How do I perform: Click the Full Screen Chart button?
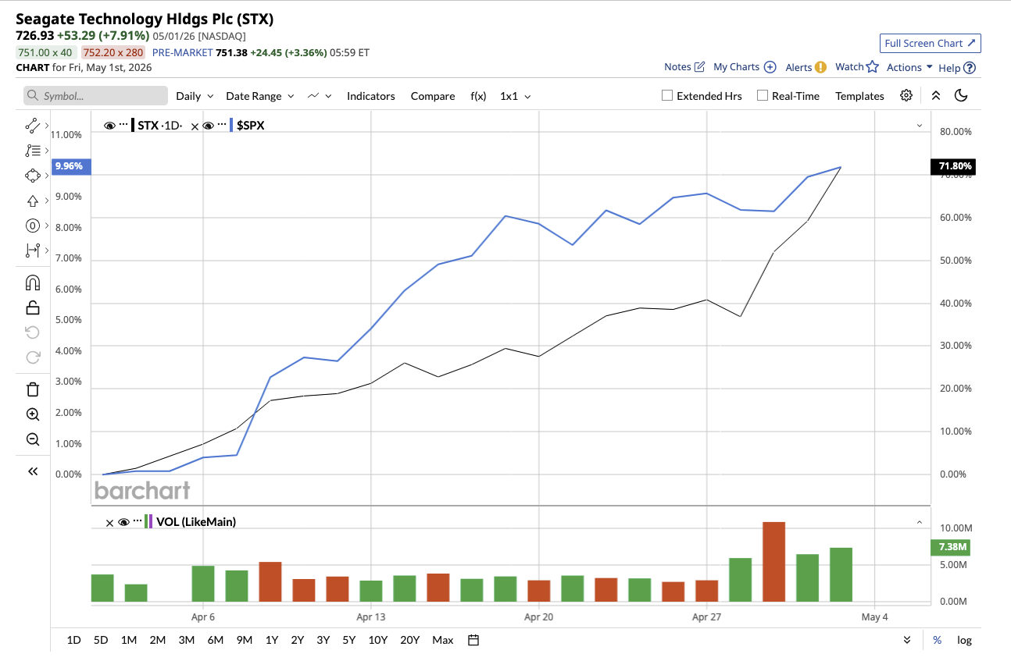pos(930,43)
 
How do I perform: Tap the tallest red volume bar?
pos(773,562)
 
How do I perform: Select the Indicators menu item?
pos(370,96)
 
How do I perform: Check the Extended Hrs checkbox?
pos(666,95)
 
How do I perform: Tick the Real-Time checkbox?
pos(763,95)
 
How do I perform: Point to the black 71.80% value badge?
pos(952,166)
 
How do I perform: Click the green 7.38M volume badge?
pos(951,547)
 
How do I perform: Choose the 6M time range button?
pos(216,640)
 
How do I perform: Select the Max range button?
pos(442,640)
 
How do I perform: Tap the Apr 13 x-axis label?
pos(370,616)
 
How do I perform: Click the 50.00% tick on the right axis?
pos(956,260)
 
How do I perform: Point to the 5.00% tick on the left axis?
pos(69,320)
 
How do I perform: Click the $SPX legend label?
pos(251,126)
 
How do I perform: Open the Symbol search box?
pos(95,95)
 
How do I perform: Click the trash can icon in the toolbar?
pos(33,389)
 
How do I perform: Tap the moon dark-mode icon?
pos(961,95)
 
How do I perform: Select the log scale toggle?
pos(964,640)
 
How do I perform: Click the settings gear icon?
pos(906,95)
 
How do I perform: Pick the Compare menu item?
pos(432,96)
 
